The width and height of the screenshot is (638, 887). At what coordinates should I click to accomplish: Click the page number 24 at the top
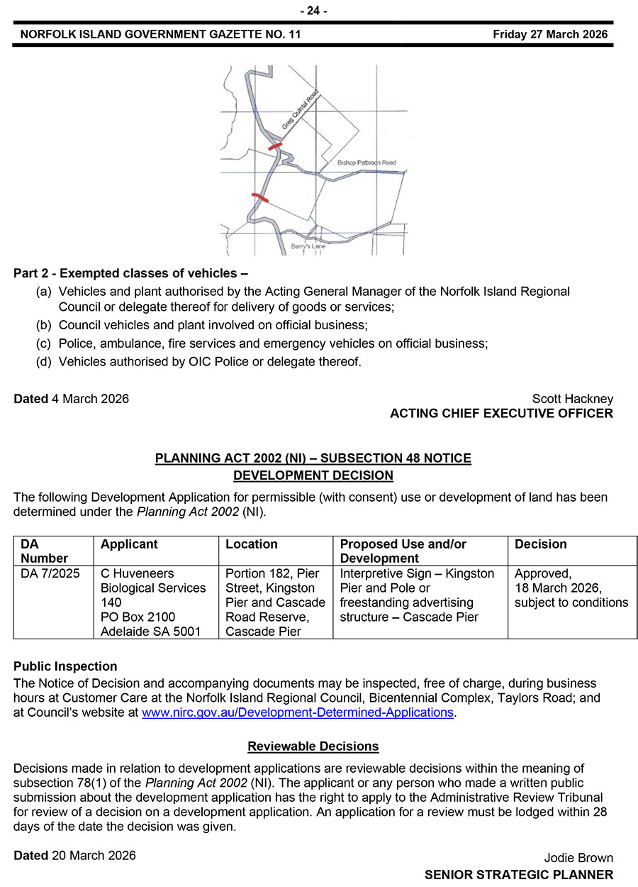point(313,11)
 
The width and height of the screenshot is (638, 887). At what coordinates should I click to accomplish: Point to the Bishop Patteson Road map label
point(366,163)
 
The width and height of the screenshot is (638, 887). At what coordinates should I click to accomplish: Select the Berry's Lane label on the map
point(308,246)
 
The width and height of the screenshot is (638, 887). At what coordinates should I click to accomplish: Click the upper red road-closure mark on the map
point(274,145)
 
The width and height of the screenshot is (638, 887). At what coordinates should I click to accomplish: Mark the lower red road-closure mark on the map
point(260,197)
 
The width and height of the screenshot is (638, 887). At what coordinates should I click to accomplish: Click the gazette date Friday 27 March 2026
point(550,35)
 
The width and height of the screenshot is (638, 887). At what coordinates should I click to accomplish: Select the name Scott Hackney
point(572,399)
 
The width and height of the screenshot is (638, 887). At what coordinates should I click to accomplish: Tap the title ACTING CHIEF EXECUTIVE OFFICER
point(501,413)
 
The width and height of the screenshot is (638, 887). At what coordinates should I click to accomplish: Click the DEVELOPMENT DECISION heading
point(313,475)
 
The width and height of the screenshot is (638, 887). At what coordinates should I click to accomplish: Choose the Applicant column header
point(129,544)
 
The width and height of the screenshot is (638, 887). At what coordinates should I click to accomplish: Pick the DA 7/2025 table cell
point(50,573)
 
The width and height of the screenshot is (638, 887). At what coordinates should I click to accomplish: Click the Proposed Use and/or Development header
point(403,551)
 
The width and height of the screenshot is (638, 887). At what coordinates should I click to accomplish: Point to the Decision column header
point(540,544)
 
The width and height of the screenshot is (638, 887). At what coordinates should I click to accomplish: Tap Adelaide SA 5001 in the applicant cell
point(151,632)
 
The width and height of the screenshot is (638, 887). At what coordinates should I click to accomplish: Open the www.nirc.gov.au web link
point(297,712)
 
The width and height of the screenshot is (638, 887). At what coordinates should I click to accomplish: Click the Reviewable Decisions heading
point(313,746)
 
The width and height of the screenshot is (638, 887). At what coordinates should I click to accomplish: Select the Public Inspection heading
point(65,666)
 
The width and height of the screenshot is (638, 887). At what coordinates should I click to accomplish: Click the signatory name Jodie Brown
point(578,858)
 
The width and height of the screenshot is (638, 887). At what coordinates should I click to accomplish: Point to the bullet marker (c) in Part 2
point(43,343)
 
